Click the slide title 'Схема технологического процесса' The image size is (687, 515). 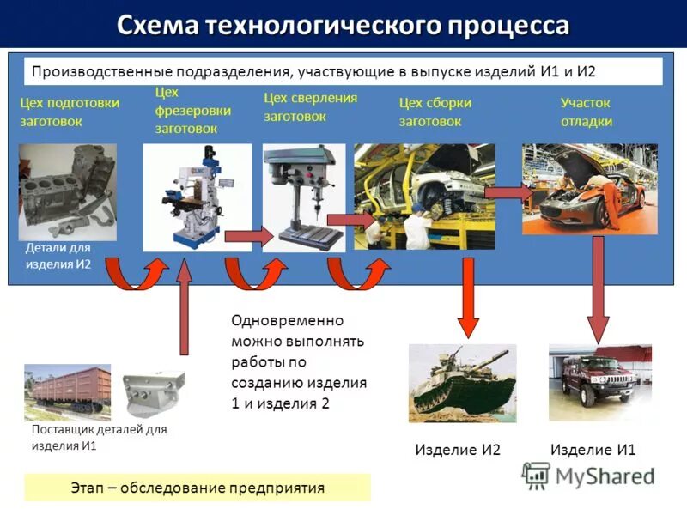tap(343, 25)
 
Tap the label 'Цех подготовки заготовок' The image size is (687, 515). tap(70, 112)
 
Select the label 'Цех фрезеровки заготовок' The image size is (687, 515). tap(186, 110)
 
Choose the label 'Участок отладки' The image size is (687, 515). tap(587, 112)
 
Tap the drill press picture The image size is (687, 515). tap(304, 197)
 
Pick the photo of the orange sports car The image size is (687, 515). tap(589, 189)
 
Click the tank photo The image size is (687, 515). tap(462, 383)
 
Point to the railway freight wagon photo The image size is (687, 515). tap(68, 391)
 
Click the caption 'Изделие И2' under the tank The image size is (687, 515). tap(458, 450)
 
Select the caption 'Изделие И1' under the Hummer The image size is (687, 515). tap(593, 450)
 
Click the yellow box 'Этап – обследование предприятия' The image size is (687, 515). tap(198, 488)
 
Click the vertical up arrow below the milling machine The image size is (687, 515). tap(184, 309)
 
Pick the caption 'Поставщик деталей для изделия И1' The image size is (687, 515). tap(99, 437)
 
